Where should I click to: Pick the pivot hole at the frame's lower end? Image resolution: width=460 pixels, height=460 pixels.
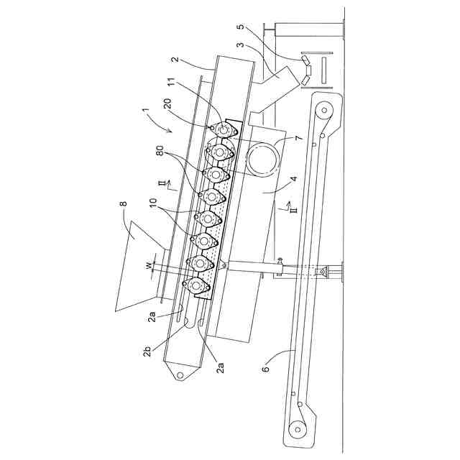[x=178, y=374]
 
